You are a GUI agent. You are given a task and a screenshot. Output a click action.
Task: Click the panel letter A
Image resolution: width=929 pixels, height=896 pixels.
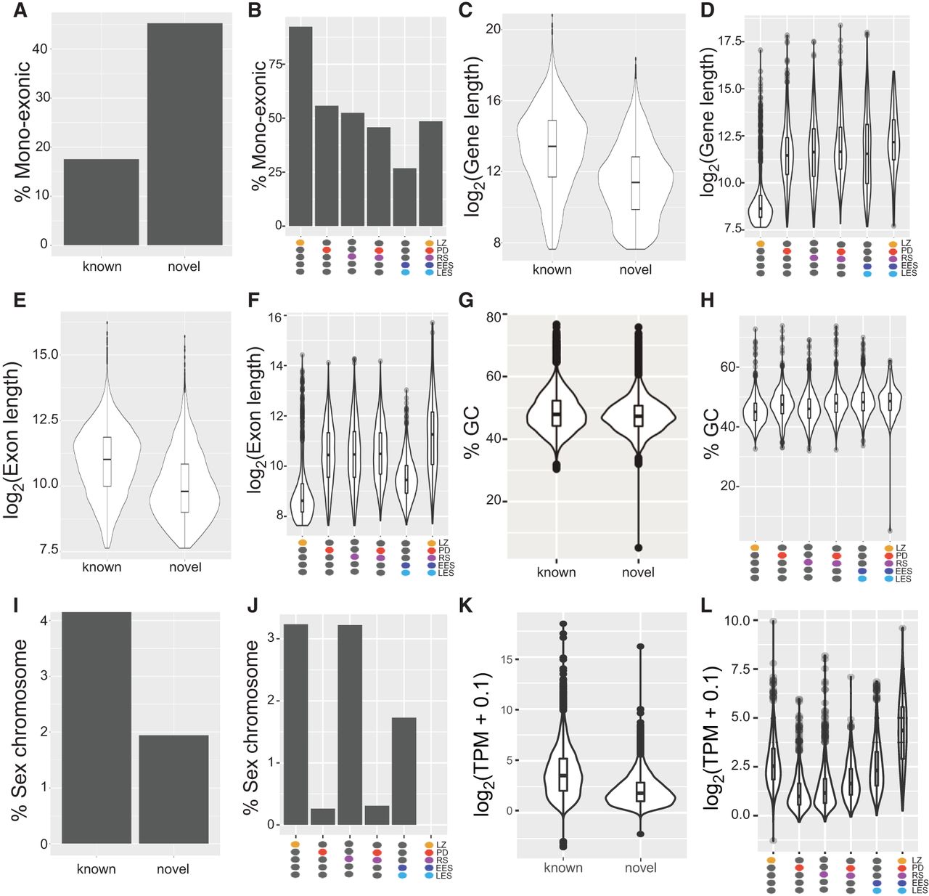[x=16, y=11]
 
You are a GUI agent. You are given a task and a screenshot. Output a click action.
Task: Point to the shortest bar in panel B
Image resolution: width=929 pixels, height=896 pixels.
[x=404, y=197]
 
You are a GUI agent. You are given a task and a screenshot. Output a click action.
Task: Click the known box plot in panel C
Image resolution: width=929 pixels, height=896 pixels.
[x=552, y=148]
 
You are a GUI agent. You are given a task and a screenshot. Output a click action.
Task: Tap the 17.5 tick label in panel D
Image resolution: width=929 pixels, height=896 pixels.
[x=730, y=41]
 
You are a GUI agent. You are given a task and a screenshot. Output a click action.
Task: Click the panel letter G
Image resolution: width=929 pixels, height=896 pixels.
[x=466, y=301]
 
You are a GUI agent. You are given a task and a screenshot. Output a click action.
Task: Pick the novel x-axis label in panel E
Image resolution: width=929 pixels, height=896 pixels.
[x=185, y=567]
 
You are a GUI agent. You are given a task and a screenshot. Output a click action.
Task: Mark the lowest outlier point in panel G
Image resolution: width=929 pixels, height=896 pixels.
[x=639, y=547]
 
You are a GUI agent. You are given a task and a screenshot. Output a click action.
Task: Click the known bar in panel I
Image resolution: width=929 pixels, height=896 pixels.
[x=97, y=728]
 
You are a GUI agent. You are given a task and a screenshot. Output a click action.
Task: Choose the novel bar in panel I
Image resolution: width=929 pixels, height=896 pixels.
[x=173, y=789]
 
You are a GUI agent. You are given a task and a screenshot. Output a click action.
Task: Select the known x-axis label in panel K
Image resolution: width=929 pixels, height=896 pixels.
[x=562, y=868]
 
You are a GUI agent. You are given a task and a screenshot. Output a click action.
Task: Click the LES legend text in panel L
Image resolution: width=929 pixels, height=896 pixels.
[x=920, y=890]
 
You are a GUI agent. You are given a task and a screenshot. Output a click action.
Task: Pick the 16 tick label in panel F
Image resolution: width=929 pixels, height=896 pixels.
[x=274, y=317]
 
